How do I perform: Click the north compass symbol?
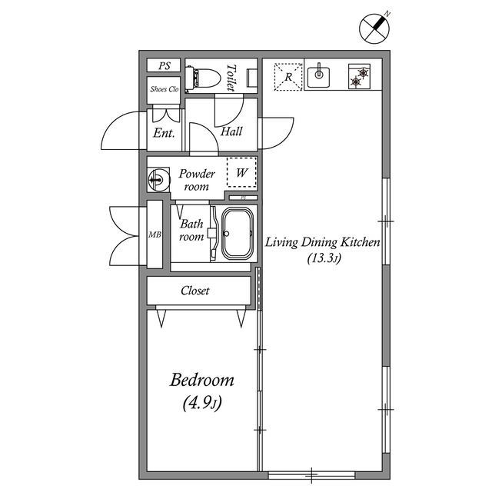pos(375,28)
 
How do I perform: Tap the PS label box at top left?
pos(164,66)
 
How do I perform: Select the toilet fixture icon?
pos(203,77)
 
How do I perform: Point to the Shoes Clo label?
pos(164,88)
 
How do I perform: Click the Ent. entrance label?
pos(164,133)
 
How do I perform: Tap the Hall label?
pos(231,131)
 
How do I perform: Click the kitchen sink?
pos(319,75)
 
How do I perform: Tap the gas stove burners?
pos(359,76)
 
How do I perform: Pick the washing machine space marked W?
pos(241,172)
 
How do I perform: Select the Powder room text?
pos(197,180)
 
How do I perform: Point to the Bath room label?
pos(191,231)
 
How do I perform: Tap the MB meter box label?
pos(154,234)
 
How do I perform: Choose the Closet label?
pos(195,291)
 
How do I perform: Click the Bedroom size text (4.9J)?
pos(201,402)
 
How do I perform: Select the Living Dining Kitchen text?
pos(323,242)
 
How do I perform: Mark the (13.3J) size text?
pos(323,258)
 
